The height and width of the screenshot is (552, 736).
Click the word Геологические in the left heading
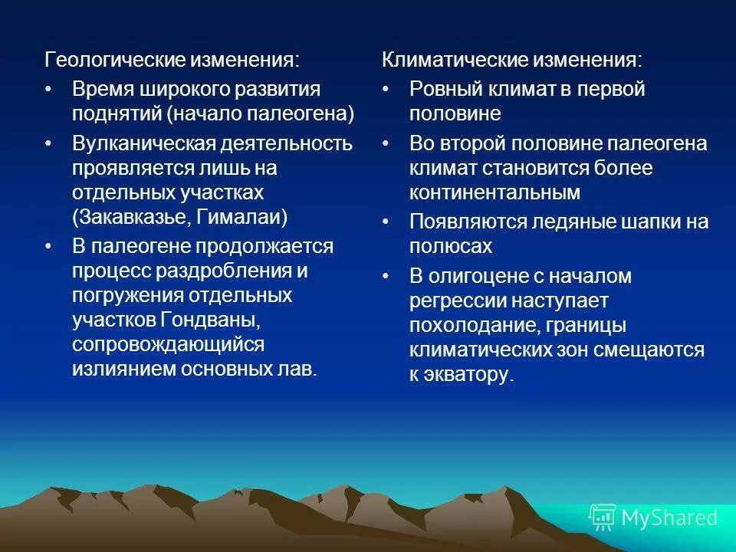coord(110,61)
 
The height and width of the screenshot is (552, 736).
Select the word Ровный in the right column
coord(444,89)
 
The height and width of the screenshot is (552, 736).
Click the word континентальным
coord(495,192)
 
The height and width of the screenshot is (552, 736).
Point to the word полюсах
coord(450,247)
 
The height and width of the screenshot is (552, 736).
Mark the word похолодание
coord(473,327)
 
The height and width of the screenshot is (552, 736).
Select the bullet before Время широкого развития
coord(50,89)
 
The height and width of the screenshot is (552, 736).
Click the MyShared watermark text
coord(669,517)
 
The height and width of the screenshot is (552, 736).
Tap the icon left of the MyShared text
coord(603,517)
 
